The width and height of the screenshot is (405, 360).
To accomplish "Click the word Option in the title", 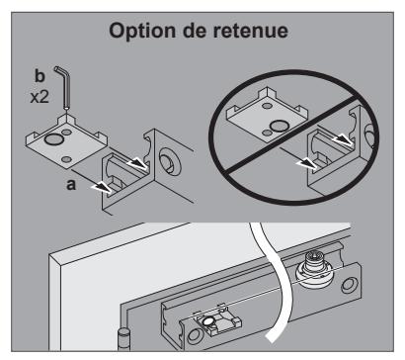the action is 142,32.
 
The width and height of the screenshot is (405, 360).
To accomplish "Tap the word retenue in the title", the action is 250,31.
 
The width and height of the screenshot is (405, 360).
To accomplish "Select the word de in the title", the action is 195,31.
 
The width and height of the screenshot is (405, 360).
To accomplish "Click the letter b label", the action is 40,76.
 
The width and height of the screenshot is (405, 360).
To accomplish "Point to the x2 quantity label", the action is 40,97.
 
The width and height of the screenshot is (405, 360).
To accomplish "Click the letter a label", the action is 71,185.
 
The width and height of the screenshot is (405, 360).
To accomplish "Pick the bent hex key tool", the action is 64,86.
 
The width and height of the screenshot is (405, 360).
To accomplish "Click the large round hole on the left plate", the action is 54,138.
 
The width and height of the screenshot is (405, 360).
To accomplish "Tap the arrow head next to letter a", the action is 103,188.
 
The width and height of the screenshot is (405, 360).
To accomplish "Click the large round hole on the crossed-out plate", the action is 279,126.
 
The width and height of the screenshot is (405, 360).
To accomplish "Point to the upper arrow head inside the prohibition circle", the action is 343,139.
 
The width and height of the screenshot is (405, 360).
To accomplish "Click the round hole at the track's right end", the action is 349,285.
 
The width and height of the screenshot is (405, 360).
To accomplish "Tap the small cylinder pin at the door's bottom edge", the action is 123,339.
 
